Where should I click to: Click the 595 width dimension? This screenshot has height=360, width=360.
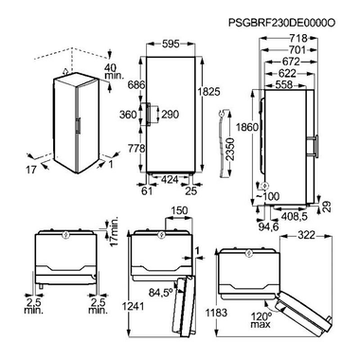[x=171, y=44]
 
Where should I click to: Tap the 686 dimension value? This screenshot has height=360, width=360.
[x=136, y=84]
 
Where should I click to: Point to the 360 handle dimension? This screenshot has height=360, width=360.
[x=128, y=115]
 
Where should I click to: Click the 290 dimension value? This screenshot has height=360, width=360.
[x=170, y=115]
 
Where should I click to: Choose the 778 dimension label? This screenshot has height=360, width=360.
[x=136, y=148]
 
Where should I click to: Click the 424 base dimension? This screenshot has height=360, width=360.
[x=170, y=180]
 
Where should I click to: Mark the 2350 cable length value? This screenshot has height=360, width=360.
[x=231, y=150]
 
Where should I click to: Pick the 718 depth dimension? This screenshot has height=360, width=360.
[x=298, y=38]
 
